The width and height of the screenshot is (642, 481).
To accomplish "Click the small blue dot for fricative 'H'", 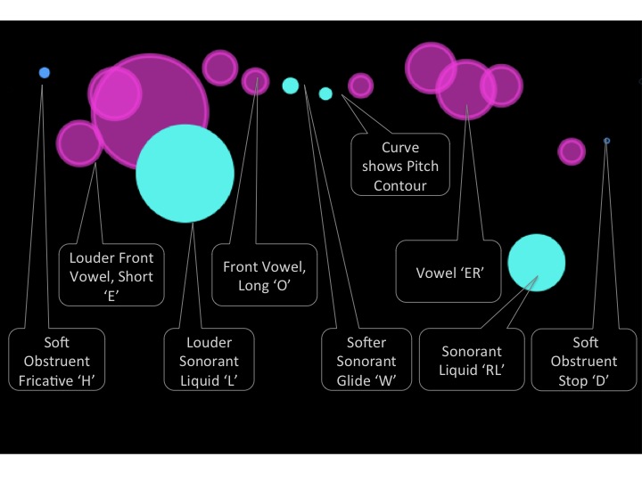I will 45,72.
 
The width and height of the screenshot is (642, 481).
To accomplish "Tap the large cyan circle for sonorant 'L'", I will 185,173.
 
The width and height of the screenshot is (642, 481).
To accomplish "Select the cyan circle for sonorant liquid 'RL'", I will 536,263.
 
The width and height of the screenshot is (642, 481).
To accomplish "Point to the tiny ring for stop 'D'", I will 607,141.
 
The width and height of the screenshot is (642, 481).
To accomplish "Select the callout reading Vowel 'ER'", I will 449,273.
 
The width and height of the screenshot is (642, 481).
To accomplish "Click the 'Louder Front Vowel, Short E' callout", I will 111,276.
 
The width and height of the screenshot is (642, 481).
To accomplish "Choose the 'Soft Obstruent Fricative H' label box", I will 56,361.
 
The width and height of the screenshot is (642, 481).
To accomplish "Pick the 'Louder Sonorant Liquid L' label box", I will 209,361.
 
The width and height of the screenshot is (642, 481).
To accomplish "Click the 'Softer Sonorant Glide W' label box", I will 365,361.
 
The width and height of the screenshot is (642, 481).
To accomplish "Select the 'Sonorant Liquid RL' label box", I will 484,361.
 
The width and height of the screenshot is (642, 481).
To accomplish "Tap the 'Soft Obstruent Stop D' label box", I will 583,361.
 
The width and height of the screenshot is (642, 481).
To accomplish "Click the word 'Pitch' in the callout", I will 420,167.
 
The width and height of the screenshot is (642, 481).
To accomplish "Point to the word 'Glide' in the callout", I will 354,380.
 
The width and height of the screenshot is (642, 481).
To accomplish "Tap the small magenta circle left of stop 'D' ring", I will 572,151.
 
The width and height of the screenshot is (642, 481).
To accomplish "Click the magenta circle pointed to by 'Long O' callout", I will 255,81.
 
